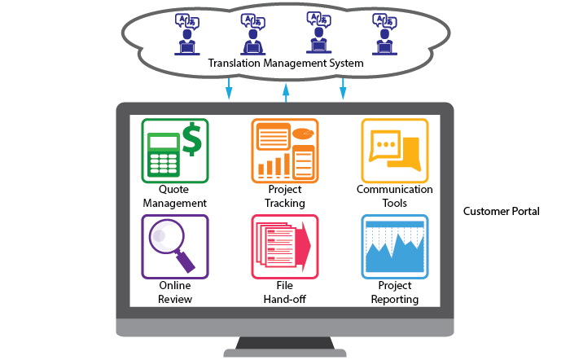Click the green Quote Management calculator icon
coord(174,151)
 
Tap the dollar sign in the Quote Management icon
coord(192,138)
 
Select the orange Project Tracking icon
coord(284,151)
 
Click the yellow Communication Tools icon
coord(394,151)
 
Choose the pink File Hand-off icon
coord(284,246)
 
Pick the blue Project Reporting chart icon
coord(394,246)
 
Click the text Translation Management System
coord(285,63)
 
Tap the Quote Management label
coord(174,196)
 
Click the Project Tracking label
coord(285,196)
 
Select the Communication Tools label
coord(394,196)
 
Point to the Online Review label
coord(175,292)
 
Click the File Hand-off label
coord(285,292)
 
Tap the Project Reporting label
coord(394,292)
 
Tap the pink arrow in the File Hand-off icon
coord(304,245)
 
